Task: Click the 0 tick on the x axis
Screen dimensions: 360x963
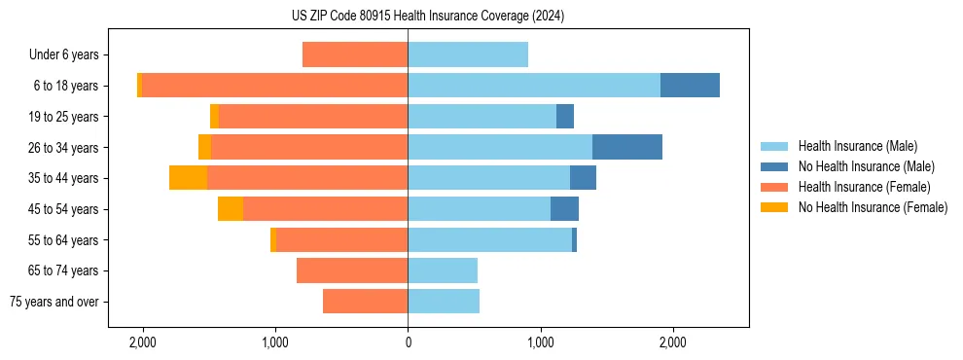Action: click(x=408, y=342)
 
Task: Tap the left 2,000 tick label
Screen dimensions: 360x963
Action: click(x=143, y=342)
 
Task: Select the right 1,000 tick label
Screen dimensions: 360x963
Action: click(x=540, y=342)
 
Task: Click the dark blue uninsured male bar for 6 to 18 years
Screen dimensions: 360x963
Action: click(x=690, y=86)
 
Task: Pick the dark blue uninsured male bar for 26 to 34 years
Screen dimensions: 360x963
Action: click(x=627, y=147)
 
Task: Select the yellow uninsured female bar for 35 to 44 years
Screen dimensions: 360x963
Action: click(x=188, y=178)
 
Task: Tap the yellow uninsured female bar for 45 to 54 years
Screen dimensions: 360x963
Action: click(x=231, y=209)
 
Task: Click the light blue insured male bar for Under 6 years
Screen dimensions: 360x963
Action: click(x=468, y=54)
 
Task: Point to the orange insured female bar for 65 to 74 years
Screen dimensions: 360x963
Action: click(x=352, y=270)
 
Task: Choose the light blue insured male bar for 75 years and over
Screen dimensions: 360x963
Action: click(x=444, y=302)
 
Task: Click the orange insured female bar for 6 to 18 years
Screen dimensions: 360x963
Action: click(x=274, y=86)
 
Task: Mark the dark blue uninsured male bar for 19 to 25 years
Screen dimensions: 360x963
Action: click(x=565, y=117)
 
